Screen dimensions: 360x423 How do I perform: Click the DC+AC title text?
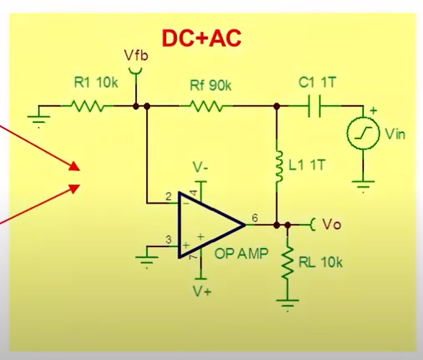click(201, 38)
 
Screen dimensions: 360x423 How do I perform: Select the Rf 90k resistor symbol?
click(206, 106)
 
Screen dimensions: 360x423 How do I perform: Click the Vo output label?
click(331, 225)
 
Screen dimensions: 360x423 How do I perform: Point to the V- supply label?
click(201, 166)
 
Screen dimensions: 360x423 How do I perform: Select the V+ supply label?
click(201, 291)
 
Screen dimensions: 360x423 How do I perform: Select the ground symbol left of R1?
click(39, 118)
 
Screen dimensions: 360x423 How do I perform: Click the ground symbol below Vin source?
click(363, 185)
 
